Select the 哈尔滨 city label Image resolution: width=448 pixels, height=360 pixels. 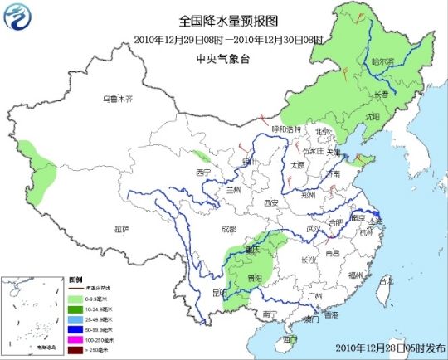click(x=382, y=61)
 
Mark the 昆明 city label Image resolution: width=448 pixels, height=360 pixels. click(x=218, y=293)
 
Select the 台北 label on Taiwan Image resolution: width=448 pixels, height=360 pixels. click(x=386, y=280)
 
